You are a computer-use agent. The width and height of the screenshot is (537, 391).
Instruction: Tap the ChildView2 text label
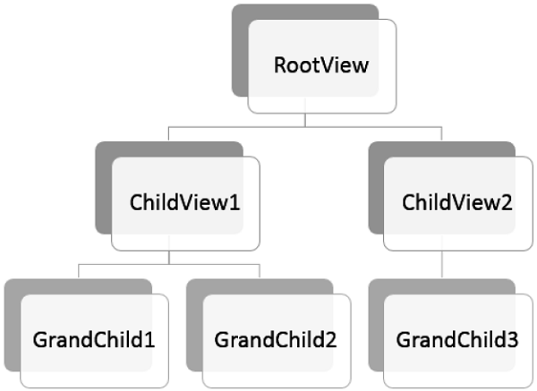point(457,202)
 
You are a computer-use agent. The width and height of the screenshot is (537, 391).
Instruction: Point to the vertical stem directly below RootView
point(305,120)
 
